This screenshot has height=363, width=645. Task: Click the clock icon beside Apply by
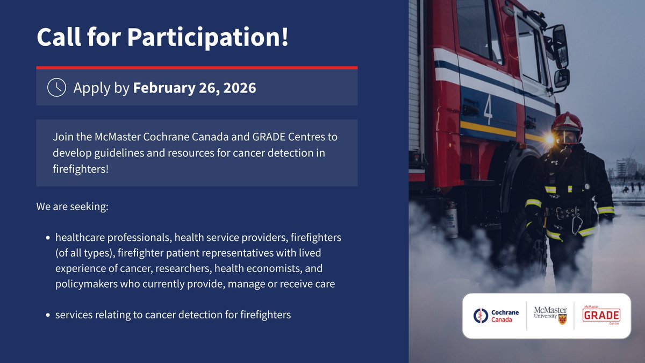56,87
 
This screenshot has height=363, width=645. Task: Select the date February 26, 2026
195,87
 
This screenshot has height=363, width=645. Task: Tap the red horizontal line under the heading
197,68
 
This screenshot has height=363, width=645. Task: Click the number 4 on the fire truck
488,109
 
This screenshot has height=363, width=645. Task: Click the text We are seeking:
73,207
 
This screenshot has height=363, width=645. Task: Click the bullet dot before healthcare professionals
48,238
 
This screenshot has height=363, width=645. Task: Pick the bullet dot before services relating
48,315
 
